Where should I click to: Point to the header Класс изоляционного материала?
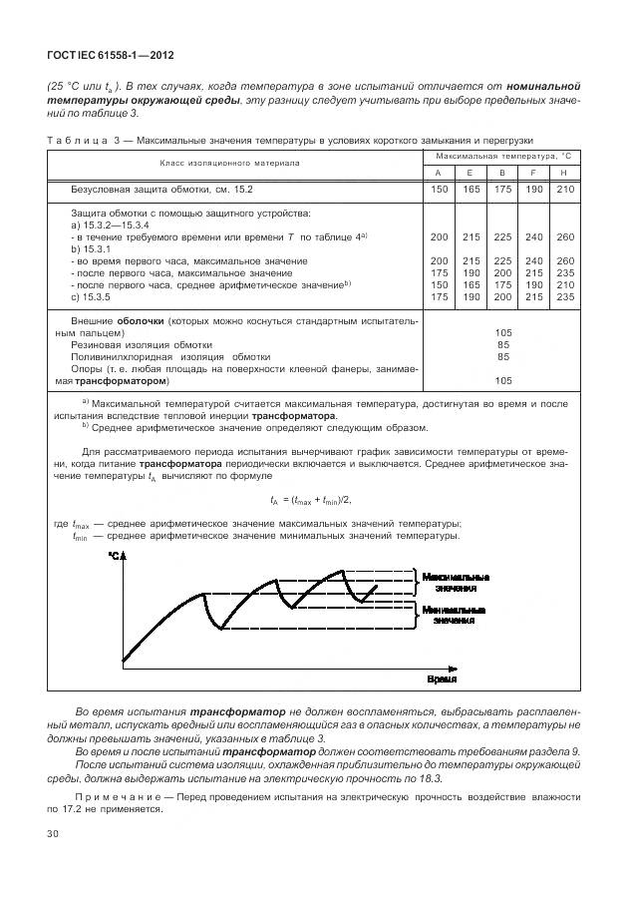pos(234,164)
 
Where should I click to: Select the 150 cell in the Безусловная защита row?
pos(439,189)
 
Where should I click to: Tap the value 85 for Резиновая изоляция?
pos(502,343)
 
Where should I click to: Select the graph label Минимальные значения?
pos(455,614)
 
